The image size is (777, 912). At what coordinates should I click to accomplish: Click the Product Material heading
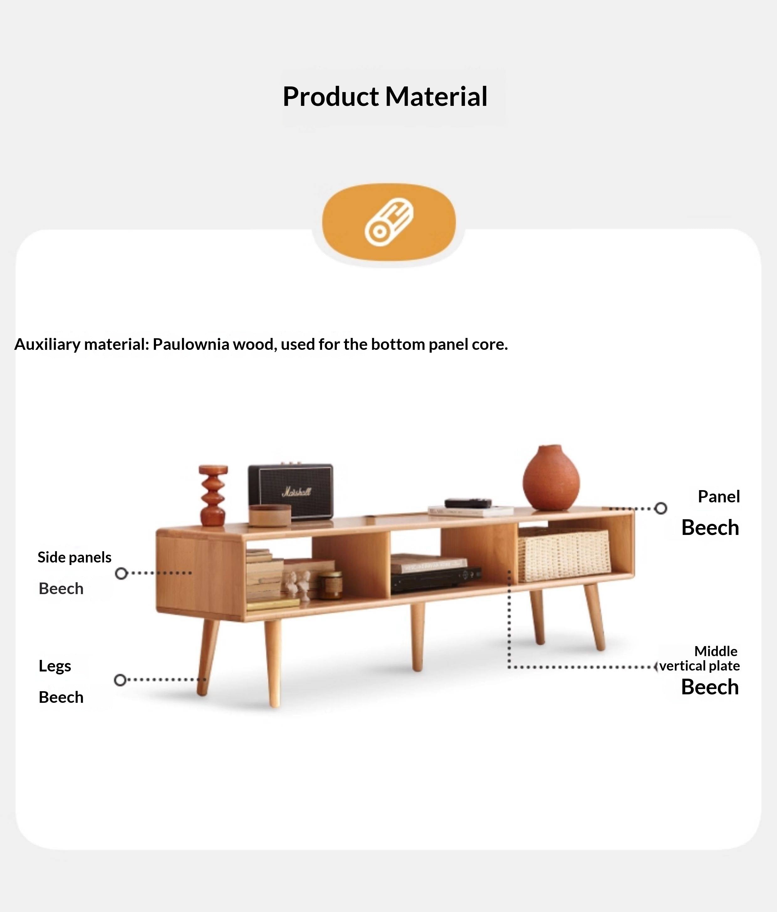coord(385,96)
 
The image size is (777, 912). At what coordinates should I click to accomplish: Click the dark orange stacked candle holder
coord(213,495)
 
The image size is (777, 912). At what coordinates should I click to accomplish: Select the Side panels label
coord(74,557)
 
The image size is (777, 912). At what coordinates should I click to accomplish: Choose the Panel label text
coord(718,496)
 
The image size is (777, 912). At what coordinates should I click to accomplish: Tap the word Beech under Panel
coord(710,527)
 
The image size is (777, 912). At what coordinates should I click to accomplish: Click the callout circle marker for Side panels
coord(121,573)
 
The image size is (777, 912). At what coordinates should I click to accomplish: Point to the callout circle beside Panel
coord(660,508)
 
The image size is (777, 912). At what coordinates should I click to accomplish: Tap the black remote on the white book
coord(467,503)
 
